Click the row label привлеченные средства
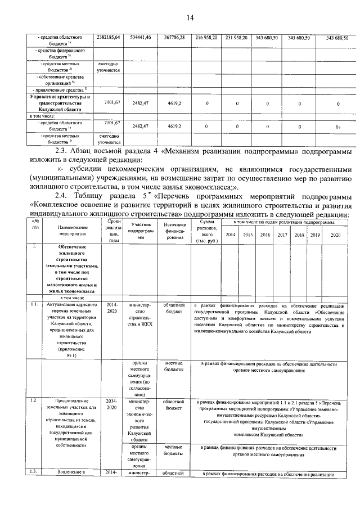[x=56, y=89]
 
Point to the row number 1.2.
[x=34, y=400]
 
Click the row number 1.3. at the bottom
[x=34, y=471]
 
